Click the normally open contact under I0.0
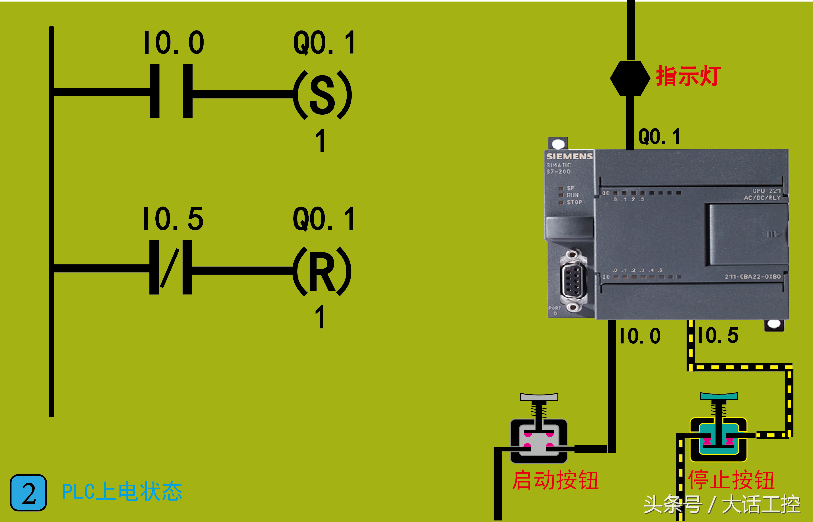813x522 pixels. pyautogui.click(x=171, y=91)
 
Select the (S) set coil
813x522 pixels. pyautogui.click(x=322, y=95)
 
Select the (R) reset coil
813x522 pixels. pyautogui.click(x=322, y=271)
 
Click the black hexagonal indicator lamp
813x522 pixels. pyautogui.click(x=630, y=78)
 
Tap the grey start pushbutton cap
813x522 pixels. pyautogui.click(x=539, y=397)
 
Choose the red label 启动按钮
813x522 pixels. pyautogui.click(x=555, y=480)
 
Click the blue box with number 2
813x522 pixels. pyautogui.click(x=29, y=493)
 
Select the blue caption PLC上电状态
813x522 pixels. pyautogui.click(x=122, y=492)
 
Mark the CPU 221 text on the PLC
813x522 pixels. pyautogui.click(x=767, y=190)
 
